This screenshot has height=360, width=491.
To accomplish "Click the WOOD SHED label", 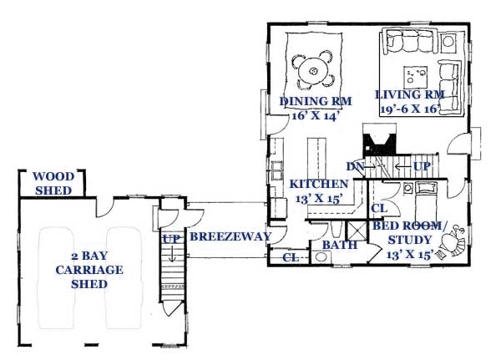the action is (x=53, y=184).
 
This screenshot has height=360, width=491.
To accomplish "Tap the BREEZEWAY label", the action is (x=230, y=236).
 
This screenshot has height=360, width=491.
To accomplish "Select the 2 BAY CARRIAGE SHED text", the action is (x=89, y=270).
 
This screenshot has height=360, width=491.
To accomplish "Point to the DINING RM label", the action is (x=316, y=101).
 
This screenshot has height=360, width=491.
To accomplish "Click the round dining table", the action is (x=313, y=72).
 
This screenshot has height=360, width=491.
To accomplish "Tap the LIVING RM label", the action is (x=410, y=94).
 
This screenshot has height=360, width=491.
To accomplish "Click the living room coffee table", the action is (x=416, y=77).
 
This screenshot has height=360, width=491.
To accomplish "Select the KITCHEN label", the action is (x=318, y=184).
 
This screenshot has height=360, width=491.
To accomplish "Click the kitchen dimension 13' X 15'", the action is (x=318, y=199).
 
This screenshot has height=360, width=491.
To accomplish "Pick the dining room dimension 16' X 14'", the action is (x=315, y=116).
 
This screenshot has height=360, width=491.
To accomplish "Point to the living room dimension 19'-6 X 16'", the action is (x=409, y=109).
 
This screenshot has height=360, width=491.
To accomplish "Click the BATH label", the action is (x=339, y=245).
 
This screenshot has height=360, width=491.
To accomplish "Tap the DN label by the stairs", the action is (x=355, y=166).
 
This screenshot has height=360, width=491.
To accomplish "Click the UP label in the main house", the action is (x=422, y=166).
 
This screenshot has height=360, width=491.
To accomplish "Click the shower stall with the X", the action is (x=357, y=231).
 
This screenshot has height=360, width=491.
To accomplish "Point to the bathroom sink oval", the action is (x=321, y=257).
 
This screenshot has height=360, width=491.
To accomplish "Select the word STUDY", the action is (x=409, y=240).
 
